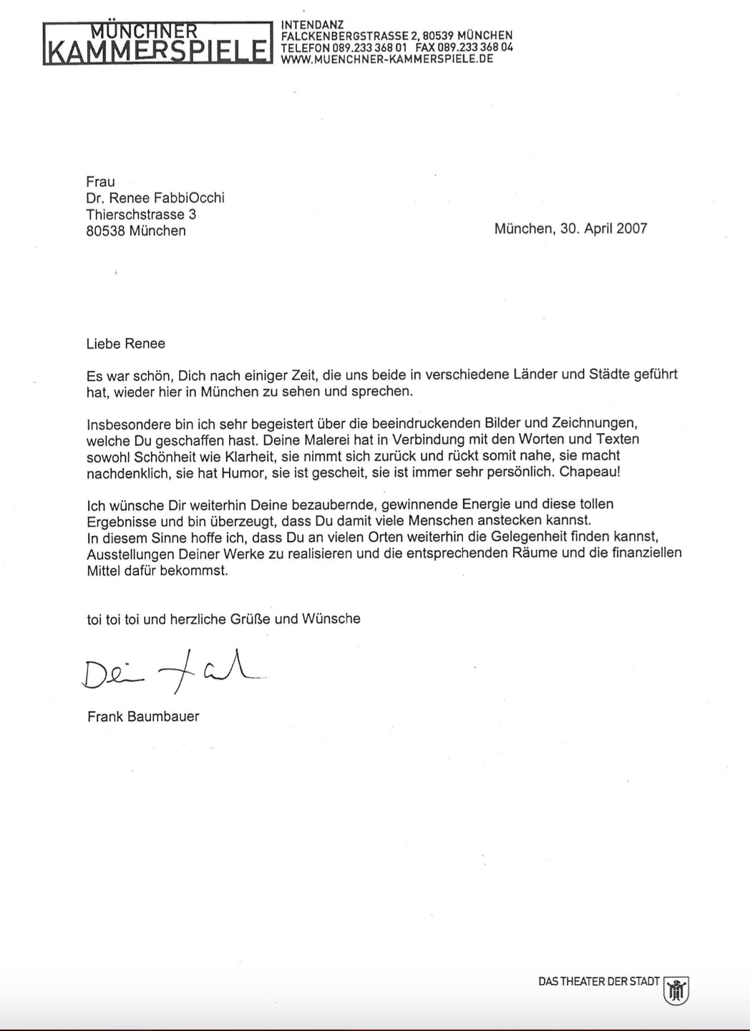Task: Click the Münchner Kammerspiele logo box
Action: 157,43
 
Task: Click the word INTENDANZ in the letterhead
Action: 312,24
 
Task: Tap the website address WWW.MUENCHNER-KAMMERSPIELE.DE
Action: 387,59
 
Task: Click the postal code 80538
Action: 105,231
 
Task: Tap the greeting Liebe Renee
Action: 125,344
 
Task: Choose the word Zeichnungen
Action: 593,423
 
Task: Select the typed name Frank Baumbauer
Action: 143,717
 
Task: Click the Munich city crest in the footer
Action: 676,990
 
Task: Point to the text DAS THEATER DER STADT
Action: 598,982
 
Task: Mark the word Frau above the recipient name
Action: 100,182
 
